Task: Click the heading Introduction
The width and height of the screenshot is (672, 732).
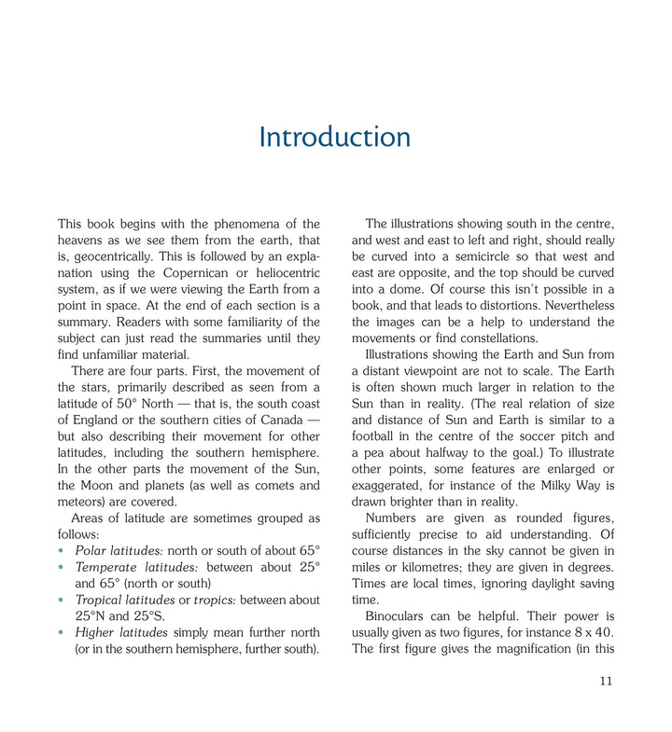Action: (x=335, y=138)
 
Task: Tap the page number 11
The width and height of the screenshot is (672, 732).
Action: (x=606, y=681)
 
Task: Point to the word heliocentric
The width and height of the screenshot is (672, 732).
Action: (x=283, y=272)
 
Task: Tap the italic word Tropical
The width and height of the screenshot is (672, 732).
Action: (x=102, y=600)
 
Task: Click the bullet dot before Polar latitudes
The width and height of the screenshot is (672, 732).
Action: (x=62, y=550)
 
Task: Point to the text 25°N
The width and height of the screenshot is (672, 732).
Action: (x=91, y=615)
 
